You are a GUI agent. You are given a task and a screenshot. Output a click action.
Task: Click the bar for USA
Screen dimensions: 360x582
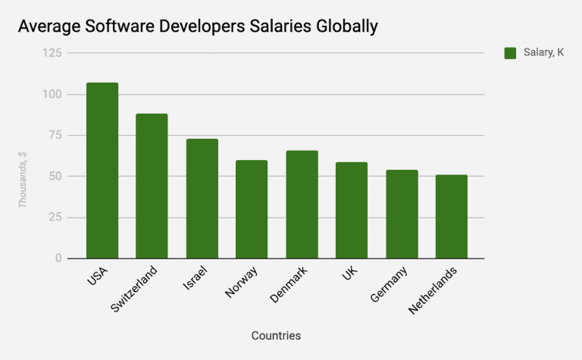[x=102, y=171]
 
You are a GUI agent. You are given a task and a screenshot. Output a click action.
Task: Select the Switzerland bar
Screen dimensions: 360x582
[x=152, y=186]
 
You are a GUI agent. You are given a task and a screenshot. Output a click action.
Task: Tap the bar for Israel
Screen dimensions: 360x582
[x=202, y=199]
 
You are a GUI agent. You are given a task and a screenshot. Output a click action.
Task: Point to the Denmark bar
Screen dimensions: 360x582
[x=302, y=205]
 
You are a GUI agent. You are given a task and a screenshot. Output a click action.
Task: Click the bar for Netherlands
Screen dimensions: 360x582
[x=452, y=217]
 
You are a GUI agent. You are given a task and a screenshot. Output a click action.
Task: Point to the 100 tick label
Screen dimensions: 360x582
[x=52, y=94]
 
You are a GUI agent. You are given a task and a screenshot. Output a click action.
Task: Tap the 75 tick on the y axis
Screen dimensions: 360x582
[x=55, y=135]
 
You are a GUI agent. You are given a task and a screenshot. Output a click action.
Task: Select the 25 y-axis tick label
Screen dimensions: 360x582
[x=55, y=218]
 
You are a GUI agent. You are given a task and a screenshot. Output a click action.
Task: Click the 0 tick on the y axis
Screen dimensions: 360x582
[x=58, y=258]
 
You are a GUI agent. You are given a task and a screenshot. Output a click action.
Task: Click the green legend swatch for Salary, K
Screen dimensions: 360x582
[x=510, y=52]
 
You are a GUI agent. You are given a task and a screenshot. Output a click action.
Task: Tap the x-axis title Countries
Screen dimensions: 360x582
[x=276, y=334]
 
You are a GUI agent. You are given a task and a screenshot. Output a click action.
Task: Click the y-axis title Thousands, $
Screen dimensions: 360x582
[x=23, y=179]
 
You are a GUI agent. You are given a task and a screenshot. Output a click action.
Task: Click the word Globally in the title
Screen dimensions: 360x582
[x=340, y=27]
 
